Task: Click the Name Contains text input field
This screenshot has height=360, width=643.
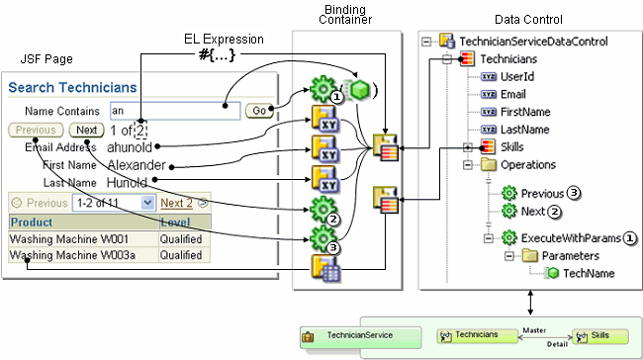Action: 174,112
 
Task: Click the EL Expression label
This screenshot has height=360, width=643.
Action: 224,40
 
